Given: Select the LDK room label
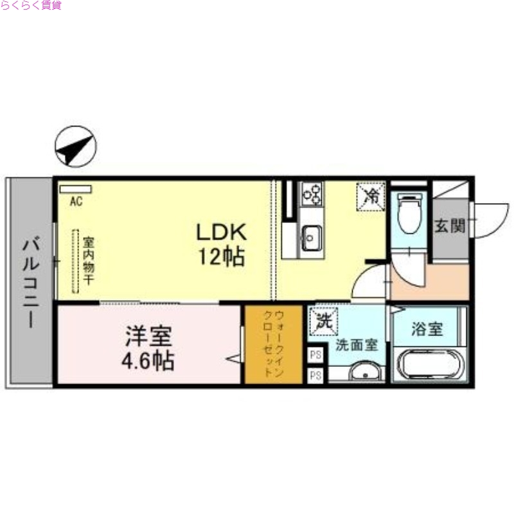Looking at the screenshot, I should [221, 231].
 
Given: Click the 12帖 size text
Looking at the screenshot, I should [221, 258].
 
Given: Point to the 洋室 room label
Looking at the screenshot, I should [148, 336].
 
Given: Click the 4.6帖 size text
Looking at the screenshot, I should [148, 361].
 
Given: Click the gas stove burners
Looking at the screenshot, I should [313, 193].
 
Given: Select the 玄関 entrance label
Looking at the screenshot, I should [449, 226].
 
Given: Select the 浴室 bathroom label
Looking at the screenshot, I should [427, 330].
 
